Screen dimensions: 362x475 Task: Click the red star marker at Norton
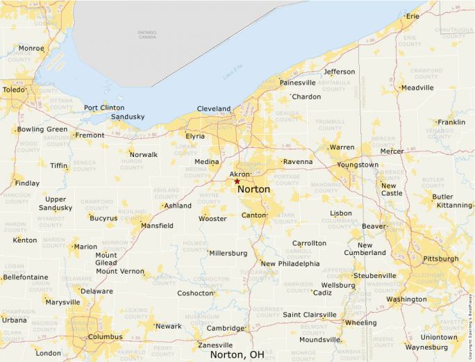[x=237, y=181]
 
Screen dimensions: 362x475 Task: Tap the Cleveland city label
[x=214, y=109]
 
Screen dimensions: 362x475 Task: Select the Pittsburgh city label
[x=440, y=258]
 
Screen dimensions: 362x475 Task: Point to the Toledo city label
[x=13, y=90]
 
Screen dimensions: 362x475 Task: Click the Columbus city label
[x=105, y=337]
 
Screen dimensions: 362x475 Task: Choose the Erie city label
[x=412, y=16]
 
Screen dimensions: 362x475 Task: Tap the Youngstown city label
[x=358, y=165]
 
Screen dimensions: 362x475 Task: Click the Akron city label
[x=239, y=175]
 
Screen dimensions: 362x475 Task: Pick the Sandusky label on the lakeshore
[x=128, y=117]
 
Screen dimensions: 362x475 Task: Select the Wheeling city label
[x=361, y=322]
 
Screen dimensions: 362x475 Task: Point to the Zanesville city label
[x=215, y=345]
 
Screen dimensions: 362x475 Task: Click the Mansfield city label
[x=157, y=226]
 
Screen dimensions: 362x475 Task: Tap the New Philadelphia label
[x=290, y=263]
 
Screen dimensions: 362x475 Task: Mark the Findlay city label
[x=27, y=183]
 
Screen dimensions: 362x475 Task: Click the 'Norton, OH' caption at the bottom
[x=237, y=354]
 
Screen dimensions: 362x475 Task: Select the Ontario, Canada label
[x=147, y=34]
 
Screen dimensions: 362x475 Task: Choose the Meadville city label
[x=417, y=88]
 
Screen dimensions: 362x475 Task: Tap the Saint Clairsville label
[x=310, y=315]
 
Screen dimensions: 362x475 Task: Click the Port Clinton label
[x=104, y=108]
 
